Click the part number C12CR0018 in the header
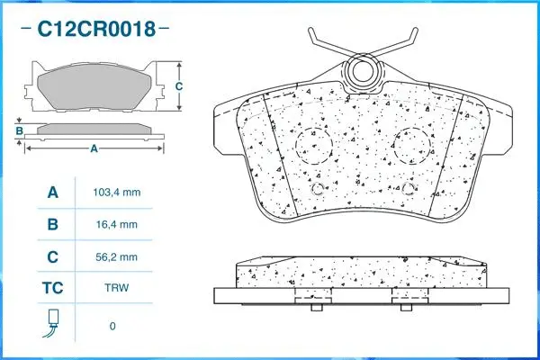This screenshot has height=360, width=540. point(94,30)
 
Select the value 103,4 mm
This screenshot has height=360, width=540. point(117,193)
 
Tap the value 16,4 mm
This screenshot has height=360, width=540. point(117,225)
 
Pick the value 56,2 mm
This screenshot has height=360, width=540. point(117,257)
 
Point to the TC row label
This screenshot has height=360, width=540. point(52,290)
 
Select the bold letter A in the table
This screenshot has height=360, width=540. point(52,193)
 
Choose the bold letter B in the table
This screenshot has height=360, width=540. point(52,225)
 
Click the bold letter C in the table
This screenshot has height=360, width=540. point(52,257)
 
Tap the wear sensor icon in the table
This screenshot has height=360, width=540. point(52,323)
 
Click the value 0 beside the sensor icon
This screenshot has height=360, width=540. point(112,326)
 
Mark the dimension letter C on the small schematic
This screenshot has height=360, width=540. point(178,86)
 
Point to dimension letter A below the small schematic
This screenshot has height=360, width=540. point(93,149)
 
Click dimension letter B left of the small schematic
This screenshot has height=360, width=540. point(19,131)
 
